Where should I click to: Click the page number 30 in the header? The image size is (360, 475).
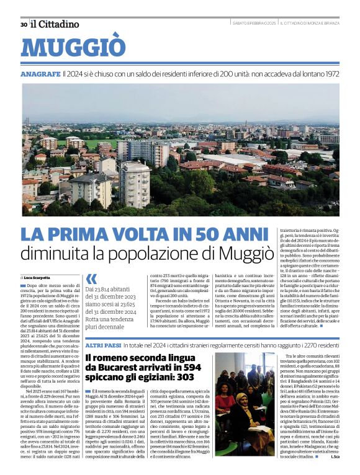[24, 25]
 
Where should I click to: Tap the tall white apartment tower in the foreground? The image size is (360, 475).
[135, 184]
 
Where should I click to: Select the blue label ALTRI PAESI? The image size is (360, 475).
[102, 344]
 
